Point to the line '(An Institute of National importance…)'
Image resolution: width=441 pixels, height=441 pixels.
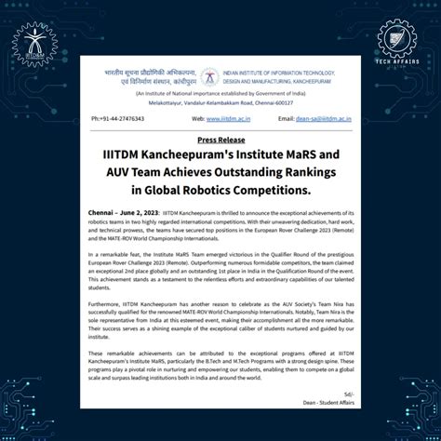tap(220, 94)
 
